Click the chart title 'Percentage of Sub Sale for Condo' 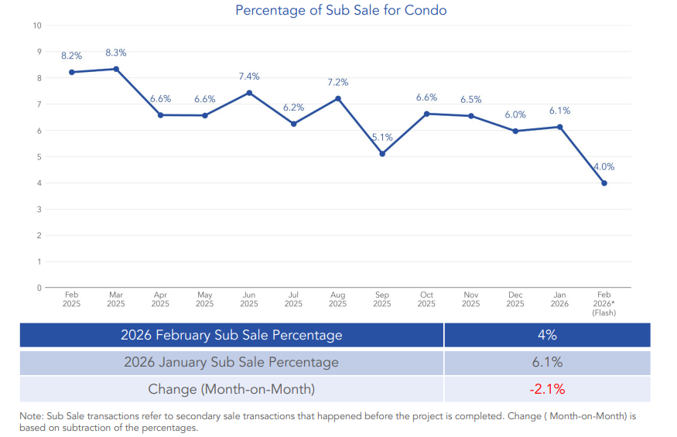point(340,10)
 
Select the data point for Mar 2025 point(116,69)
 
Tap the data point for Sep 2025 point(382,153)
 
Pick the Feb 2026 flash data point point(603,183)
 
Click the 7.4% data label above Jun point(249,77)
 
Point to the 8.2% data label point(72,56)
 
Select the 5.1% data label point(382,137)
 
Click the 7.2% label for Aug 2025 point(338,82)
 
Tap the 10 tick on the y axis point(37,26)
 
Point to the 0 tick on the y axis point(39,288)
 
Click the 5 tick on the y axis point(39,157)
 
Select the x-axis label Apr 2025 point(160,299)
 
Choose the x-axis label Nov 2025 point(470,299)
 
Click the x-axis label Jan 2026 point(559,299)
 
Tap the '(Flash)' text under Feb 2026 point(603,312)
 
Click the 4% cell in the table point(547,335)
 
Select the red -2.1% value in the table point(547,388)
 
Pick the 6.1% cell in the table point(547,362)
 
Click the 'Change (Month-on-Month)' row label point(231,388)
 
